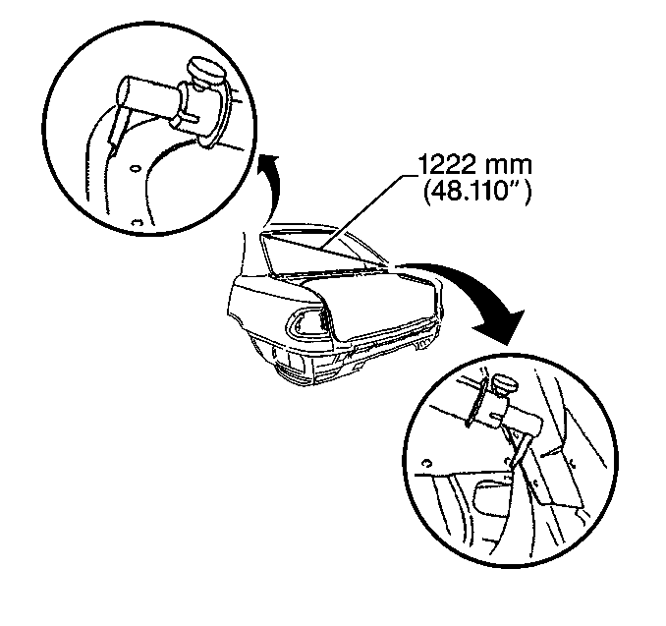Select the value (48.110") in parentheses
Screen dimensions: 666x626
477,192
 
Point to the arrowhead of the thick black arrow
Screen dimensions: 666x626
501,326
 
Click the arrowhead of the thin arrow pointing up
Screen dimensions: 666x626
269,163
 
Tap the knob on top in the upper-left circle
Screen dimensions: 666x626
205,72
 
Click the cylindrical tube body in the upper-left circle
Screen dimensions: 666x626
148,97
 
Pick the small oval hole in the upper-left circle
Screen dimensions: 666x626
136,169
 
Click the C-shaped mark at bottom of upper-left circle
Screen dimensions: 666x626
136,222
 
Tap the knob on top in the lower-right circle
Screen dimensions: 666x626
505,385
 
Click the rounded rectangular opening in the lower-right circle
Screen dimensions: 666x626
493,495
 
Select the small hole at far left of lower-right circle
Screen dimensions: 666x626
427,463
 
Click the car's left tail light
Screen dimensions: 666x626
307,325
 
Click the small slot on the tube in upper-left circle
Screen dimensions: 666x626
190,116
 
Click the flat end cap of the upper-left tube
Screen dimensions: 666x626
123,91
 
